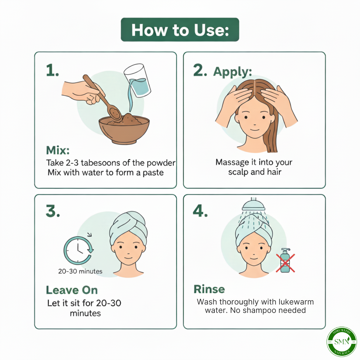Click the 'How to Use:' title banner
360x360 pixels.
[x=180, y=30]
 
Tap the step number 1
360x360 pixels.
[x=52, y=71]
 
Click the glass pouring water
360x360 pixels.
[x=137, y=80]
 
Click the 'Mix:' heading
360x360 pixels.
[x=58, y=150]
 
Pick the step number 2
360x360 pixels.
[x=200, y=71]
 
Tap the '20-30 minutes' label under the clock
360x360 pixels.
[x=80, y=271]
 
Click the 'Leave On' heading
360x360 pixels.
[x=72, y=290]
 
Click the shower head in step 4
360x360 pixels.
[x=253, y=205]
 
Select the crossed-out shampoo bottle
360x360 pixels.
[x=285, y=261]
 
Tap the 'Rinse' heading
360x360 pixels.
[x=209, y=289]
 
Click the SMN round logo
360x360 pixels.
[x=342, y=342]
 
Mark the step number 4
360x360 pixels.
[x=200, y=211]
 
